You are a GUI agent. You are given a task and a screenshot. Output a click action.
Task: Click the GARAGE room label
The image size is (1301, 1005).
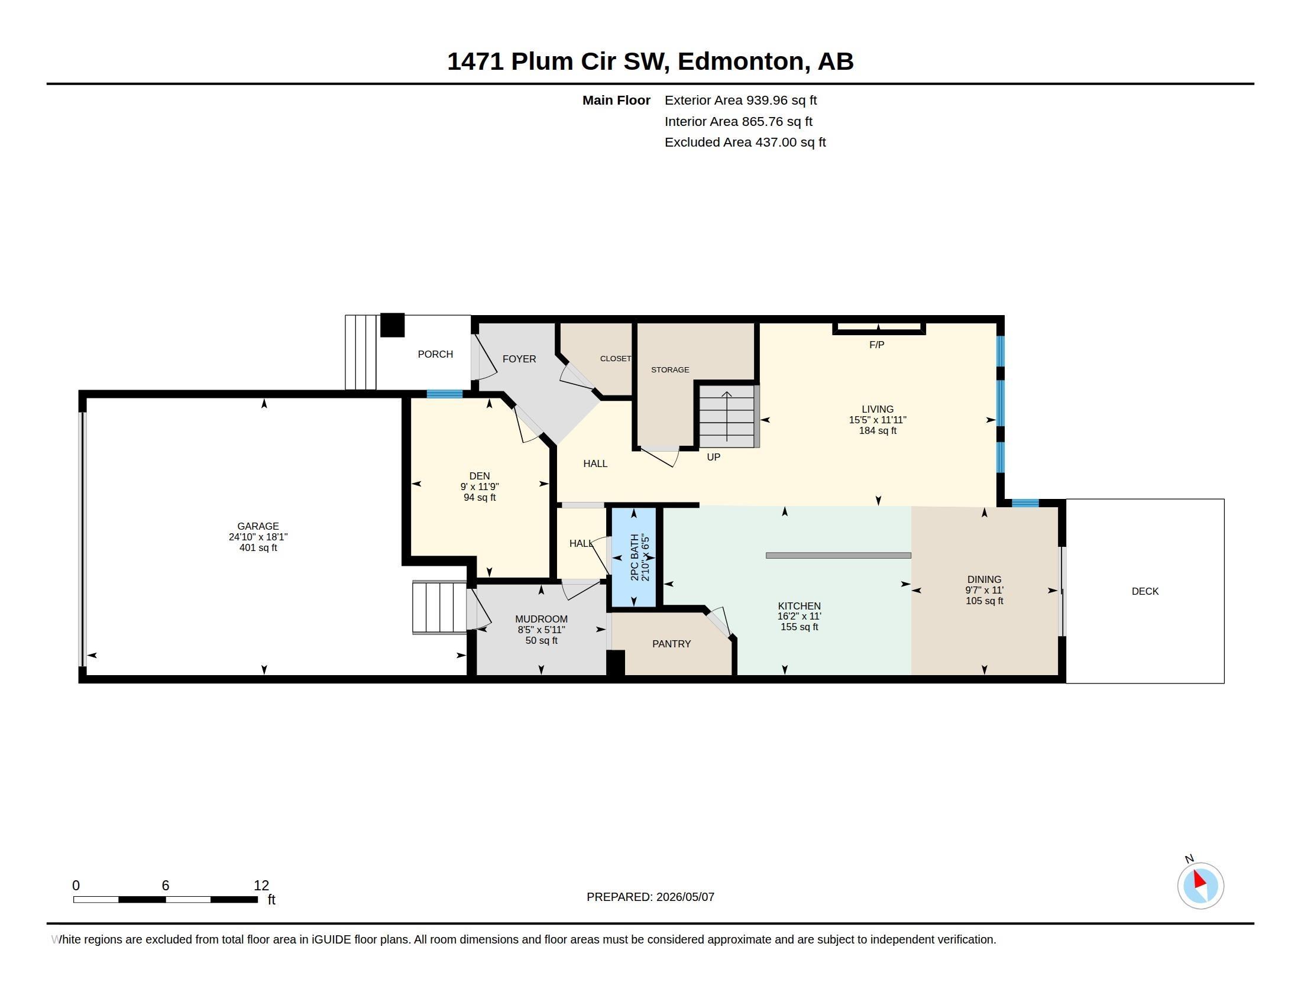(x=258, y=526)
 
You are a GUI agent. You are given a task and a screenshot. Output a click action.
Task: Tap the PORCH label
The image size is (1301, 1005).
(x=435, y=354)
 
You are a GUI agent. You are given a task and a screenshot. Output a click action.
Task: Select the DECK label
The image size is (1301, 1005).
(x=1145, y=591)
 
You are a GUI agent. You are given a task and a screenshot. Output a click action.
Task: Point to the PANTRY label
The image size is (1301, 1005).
(x=671, y=644)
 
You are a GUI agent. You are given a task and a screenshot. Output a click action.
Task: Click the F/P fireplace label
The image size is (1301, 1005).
(x=877, y=345)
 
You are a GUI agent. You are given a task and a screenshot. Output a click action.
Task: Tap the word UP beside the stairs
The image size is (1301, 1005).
(x=714, y=457)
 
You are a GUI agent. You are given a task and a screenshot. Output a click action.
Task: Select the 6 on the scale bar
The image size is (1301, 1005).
(x=166, y=886)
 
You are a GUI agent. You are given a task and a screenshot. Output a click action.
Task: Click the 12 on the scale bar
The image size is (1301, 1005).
(x=261, y=886)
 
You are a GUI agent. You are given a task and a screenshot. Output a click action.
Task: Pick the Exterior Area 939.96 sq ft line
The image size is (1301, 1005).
(x=740, y=100)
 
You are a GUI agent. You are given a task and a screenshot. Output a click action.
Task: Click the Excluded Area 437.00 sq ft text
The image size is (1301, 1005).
(x=745, y=142)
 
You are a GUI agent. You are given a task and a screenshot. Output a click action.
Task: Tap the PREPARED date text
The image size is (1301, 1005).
(x=650, y=897)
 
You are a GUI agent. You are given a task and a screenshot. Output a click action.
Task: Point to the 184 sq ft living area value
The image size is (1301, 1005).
(x=878, y=430)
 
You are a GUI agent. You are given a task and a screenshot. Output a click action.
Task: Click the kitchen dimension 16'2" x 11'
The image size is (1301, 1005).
(x=800, y=616)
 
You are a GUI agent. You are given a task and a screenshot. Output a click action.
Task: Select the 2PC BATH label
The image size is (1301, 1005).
(x=635, y=557)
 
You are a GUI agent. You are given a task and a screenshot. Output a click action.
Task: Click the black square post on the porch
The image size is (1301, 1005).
(x=393, y=325)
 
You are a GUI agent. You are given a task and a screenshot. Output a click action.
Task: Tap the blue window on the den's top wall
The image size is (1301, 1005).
(x=444, y=394)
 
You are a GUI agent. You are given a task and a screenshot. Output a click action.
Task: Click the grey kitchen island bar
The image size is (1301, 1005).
(x=838, y=556)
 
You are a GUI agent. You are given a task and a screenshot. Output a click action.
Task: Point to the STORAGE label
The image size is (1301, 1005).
(x=670, y=369)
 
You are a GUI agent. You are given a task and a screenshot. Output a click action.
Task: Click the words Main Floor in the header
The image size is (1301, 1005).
(x=616, y=100)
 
